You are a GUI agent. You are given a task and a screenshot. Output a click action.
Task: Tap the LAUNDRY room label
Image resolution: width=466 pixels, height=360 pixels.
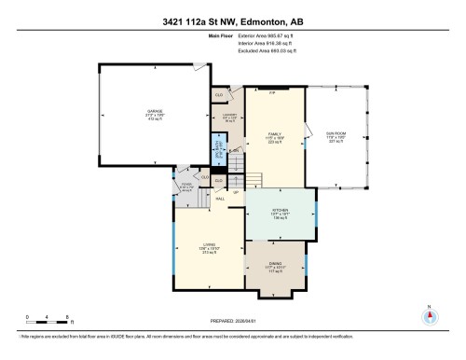click(x=229, y=117)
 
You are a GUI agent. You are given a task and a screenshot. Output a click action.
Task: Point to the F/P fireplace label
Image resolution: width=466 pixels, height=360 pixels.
click(x=273, y=93)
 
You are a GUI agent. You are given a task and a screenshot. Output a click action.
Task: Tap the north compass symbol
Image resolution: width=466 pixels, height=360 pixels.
click(x=429, y=315)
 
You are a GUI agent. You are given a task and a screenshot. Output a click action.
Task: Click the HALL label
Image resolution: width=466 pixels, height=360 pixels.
click(x=221, y=199)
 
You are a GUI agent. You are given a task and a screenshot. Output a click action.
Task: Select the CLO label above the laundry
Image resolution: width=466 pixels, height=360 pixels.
click(x=220, y=94)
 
